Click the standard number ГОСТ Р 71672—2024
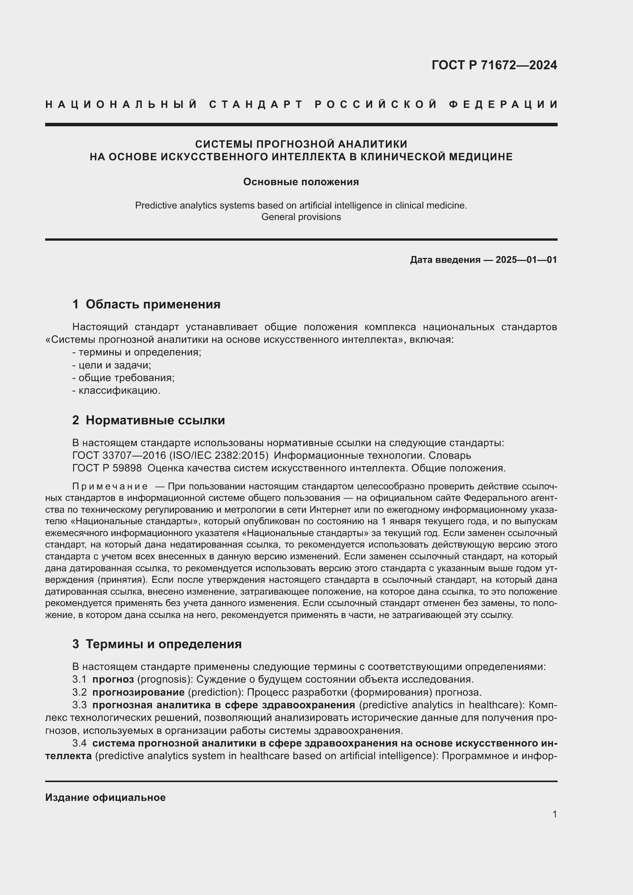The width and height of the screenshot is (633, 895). click(x=494, y=65)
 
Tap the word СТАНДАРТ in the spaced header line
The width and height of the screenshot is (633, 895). click(x=256, y=104)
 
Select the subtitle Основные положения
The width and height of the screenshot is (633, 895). click(x=301, y=182)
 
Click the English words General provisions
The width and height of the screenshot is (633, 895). click(x=301, y=217)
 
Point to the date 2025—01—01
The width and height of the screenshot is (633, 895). click(x=526, y=259)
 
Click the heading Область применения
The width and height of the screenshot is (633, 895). click(x=153, y=305)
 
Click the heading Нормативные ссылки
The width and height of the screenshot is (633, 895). click(x=155, y=420)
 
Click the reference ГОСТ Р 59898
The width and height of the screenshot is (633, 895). click(x=107, y=468)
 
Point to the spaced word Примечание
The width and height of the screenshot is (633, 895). click(x=110, y=486)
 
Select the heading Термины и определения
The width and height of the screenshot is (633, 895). click(x=163, y=644)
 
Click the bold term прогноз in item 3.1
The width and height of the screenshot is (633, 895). click(x=113, y=680)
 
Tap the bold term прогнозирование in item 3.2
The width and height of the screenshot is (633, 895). click(x=139, y=692)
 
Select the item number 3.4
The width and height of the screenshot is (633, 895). click(x=79, y=743)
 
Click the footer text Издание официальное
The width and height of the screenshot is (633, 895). click(x=105, y=797)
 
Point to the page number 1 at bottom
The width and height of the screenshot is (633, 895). click(x=554, y=814)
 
